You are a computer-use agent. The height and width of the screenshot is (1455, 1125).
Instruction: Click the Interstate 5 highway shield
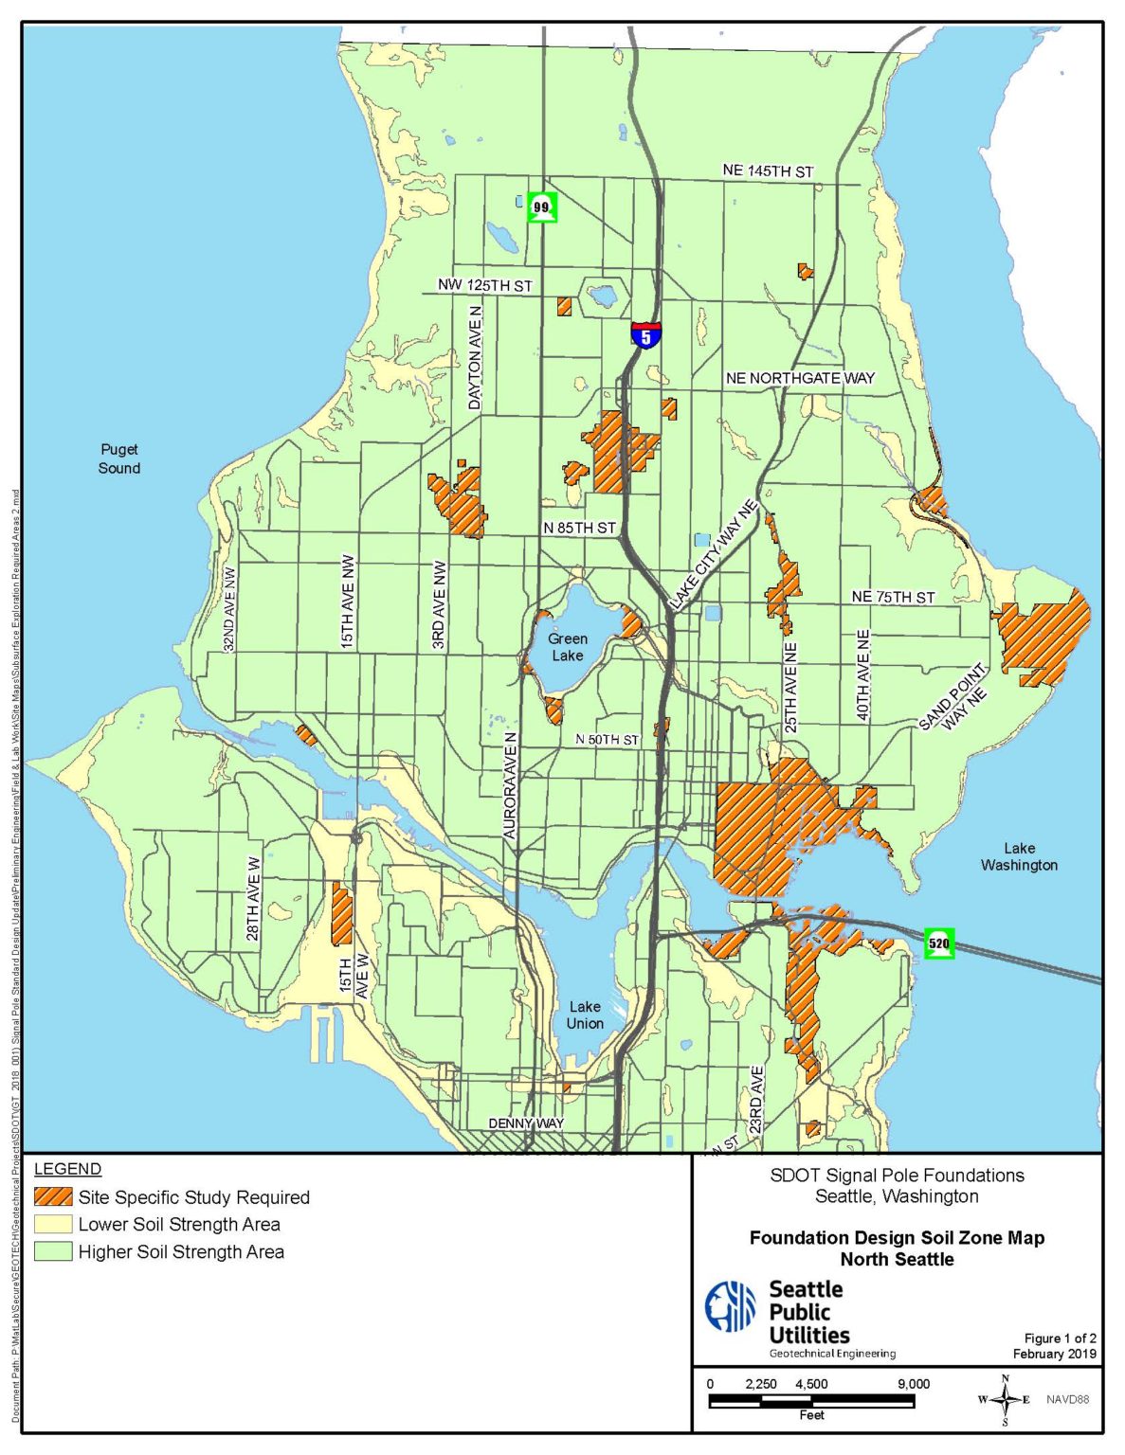click(645, 335)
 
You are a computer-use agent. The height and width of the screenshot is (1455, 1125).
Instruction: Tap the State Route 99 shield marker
click(541, 207)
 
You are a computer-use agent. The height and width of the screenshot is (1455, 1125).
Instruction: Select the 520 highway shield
click(938, 943)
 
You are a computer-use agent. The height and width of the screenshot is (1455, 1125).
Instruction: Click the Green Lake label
click(567, 647)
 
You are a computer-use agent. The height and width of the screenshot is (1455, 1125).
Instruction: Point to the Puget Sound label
click(119, 458)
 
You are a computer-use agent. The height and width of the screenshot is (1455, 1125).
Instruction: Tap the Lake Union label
click(585, 1015)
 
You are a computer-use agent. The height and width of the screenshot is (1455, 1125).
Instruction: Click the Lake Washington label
click(1019, 856)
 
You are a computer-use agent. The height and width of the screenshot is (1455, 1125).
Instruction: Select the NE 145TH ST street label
click(768, 171)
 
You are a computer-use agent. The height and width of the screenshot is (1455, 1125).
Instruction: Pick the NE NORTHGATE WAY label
click(800, 378)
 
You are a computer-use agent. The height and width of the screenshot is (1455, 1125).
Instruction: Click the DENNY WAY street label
click(526, 1123)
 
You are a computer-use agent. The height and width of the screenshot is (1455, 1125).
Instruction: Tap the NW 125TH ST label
click(484, 285)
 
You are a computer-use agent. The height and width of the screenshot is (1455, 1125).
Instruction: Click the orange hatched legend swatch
click(53, 1197)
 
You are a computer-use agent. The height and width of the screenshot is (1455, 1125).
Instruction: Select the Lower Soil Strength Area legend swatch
click(53, 1225)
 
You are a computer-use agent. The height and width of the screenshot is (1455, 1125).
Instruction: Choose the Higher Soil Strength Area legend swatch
click(53, 1252)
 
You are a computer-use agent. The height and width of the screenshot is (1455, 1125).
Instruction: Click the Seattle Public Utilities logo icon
click(730, 1306)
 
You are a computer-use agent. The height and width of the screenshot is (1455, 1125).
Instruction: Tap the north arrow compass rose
click(1005, 1400)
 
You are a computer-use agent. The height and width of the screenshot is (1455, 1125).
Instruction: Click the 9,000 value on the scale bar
click(913, 1384)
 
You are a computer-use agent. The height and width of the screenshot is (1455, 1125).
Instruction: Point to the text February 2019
click(1054, 1354)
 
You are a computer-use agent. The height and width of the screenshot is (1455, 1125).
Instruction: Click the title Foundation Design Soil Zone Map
click(897, 1238)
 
